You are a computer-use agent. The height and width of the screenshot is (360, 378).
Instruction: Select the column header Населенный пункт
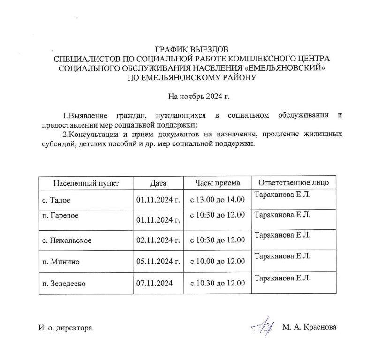pyautogui.click(x=86, y=183)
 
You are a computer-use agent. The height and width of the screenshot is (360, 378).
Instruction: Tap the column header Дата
pyautogui.click(x=158, y=183)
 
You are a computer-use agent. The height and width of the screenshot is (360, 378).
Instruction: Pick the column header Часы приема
pyautogui.click(x=217, y=183)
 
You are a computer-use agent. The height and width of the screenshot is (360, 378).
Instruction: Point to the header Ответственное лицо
pyautogui.click(x=294, y=183)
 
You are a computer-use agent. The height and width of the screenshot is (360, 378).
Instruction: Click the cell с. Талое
pyautogui.click(x=56, y=200)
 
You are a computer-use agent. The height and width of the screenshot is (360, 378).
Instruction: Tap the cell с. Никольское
pyautogui.click(x=66, y=240)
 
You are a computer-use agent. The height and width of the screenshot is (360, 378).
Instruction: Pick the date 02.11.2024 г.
pyautogui.click(x=159, y=240)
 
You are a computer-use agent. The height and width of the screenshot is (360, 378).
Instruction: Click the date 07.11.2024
pyautogui.click(x=154, y=284)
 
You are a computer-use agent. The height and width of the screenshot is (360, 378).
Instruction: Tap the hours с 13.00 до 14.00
pyautogui.click(x=217, y=200)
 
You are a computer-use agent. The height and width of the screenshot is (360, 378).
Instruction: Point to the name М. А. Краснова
pyautogui.click(x=310, y=328)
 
